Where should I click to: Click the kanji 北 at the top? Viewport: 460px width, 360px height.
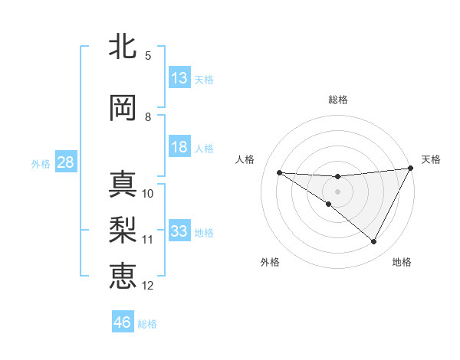pyautogui.click(x=124, y=47)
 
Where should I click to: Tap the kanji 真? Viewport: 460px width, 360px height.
pyautogui.click(x=124, y=184)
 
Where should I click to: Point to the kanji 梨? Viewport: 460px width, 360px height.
pyautogui.click(x=124, y=230)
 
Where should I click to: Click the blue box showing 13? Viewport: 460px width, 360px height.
pyautogui.click(x=179, y=78)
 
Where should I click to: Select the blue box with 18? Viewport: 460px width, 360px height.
pyautogui.click(x=179, y=147)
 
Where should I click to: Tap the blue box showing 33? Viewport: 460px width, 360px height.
pyautogui.click(x=179, y=231)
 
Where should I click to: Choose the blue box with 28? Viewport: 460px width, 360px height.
pyautogui.click(x=64, y=162)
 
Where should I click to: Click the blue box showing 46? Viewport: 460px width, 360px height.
pyautogui.click(x=123, y=322)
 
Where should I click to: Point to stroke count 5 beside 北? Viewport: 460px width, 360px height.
pyautogui.click(x=148, y=55)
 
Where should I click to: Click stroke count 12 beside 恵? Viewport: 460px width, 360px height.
pyautogui.click(x=148, y=286)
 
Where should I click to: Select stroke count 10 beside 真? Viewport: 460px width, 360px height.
pyautogui.click(x=148, y=193)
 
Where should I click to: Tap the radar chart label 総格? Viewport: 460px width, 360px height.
pyautogui.click(x=338, y=100)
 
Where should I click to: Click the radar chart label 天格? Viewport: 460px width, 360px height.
pyautogui.click(x=431, y=159)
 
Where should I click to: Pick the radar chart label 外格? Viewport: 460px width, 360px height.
pyautogui.click(x=270, y=262)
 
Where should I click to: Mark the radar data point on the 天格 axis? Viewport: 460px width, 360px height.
pyautogui.click(x=412, y=168)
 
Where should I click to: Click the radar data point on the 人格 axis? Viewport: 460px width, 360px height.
pyautogui.click(x=280, y=172)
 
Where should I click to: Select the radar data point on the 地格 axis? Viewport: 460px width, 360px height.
pyautogui.click(x=374, y=241)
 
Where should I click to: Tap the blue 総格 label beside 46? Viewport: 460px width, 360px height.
pyautogui.click(x=147, y=324)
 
